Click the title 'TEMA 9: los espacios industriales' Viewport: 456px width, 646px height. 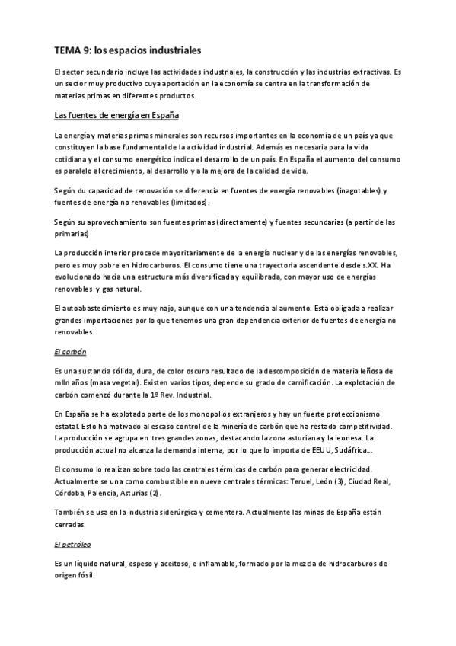coord(127,51)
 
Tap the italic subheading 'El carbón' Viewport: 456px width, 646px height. coord(70,352)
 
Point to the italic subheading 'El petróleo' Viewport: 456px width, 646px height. coord(73,545)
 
